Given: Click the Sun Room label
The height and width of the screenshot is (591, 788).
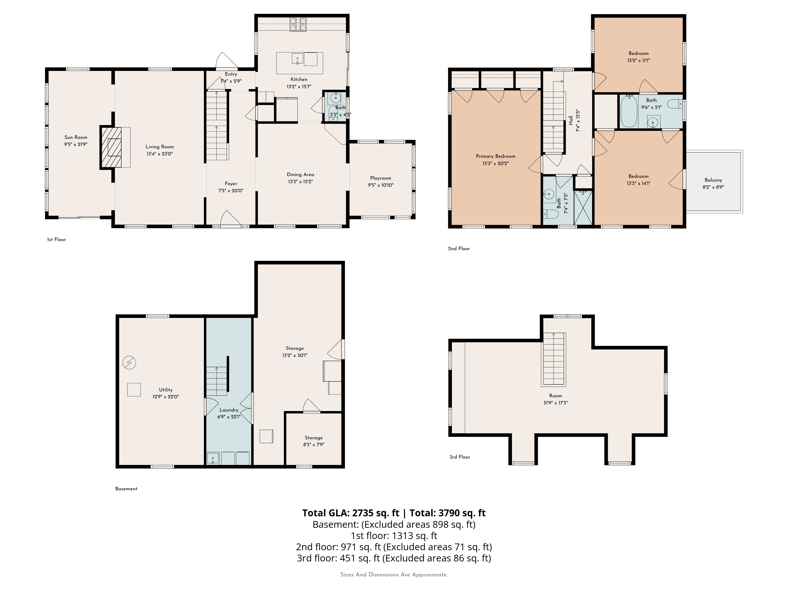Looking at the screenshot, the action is tap(75, 137).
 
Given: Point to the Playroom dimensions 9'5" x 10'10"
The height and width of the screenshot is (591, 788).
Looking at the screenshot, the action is tap(380, 185).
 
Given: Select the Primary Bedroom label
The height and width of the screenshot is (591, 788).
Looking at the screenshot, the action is tap(495, 156).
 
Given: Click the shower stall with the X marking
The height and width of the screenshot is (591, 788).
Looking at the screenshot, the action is tap(583, 208).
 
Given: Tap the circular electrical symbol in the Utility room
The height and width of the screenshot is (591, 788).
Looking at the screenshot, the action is tap(129, 363).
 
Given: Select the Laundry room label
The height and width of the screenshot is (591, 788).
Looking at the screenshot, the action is tap(229, 410).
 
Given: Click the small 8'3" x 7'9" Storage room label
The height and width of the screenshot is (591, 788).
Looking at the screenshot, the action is tap(313, 438).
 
